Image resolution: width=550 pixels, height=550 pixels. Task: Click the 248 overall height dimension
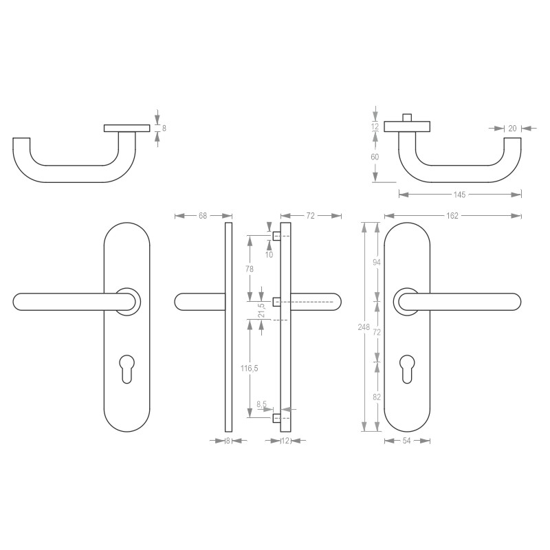tap(364, 327)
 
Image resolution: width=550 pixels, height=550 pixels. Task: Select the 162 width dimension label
tap(452, 216)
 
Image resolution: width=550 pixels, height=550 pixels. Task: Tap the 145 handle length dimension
tap(459, 195)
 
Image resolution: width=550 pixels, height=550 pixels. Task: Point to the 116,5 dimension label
tap(250, 368)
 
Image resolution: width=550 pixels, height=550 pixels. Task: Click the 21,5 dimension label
tap(262, 311)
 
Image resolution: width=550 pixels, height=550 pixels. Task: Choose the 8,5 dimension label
tap(262, 404)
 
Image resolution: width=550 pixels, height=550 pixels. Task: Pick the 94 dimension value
tap(377, 262)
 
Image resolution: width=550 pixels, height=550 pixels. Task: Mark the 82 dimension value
tap(377, 397)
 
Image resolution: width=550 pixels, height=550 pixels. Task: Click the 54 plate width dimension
tap(406, 441)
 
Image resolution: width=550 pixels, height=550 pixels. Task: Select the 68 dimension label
tap(203, 216)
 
